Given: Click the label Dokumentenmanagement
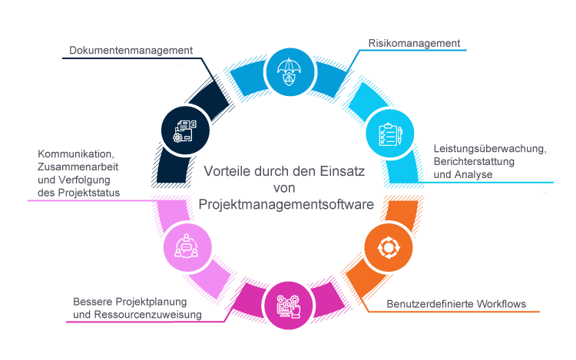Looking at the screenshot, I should point(131,51).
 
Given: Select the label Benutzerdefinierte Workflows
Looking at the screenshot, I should point(456,304).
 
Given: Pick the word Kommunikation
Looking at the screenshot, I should point(75,154).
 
